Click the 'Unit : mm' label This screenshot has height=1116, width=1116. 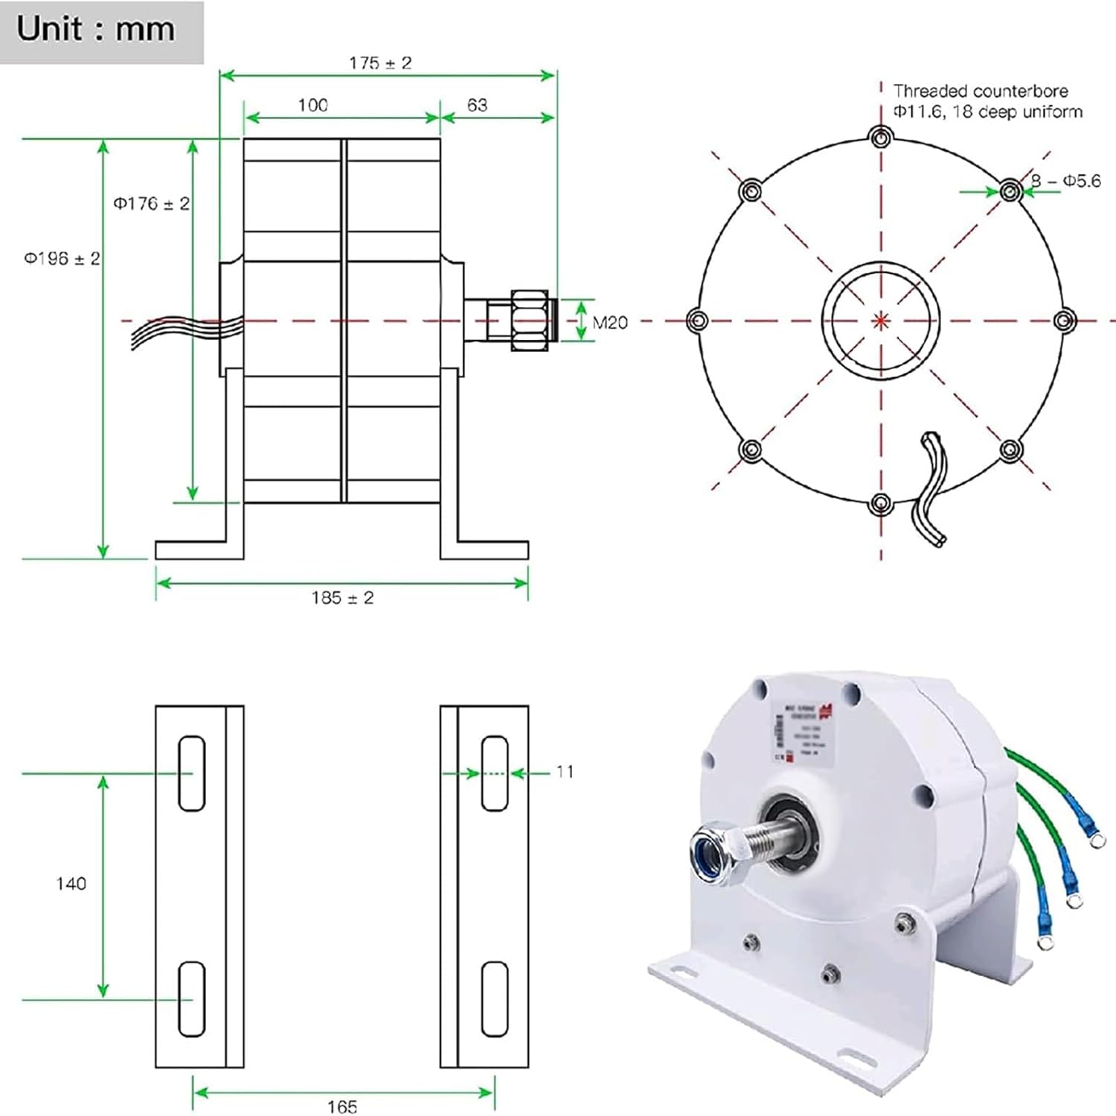tap(95, 30)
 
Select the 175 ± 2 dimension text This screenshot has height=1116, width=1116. tap(380, 63)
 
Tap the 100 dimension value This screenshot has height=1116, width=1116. tap(312, 105)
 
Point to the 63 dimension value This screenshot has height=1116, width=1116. tap(477, 105)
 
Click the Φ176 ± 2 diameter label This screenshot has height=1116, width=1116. tap(151, 203)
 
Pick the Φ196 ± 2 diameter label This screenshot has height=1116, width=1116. tap(62, 258)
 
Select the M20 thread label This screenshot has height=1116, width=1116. tap(610, 322)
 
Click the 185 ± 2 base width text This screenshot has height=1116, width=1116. tap(342, 597)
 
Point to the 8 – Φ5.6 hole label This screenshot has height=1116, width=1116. tap(1065, 181)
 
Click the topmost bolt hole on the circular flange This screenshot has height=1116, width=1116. tap(881, 137)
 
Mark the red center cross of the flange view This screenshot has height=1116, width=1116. tap(881, 321)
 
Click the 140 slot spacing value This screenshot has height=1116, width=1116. tap(71, 883)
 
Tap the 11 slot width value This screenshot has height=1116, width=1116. tap(565, 772)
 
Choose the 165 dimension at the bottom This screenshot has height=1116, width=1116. tap(342, 1106)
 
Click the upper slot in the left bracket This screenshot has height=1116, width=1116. tap(192, 774)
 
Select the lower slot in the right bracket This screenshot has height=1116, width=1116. tap(495, 999)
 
